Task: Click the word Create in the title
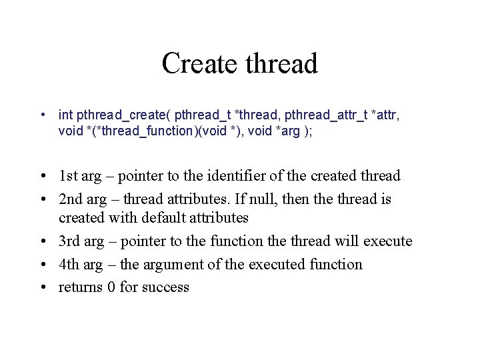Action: (201, 64)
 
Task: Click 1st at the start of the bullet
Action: (68, 176)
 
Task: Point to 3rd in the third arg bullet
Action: (69, 241)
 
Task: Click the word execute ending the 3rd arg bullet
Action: (387, 241)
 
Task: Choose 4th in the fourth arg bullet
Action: (69, 264)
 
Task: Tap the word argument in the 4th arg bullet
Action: (171, 264)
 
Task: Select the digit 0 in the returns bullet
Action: (111, 287)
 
